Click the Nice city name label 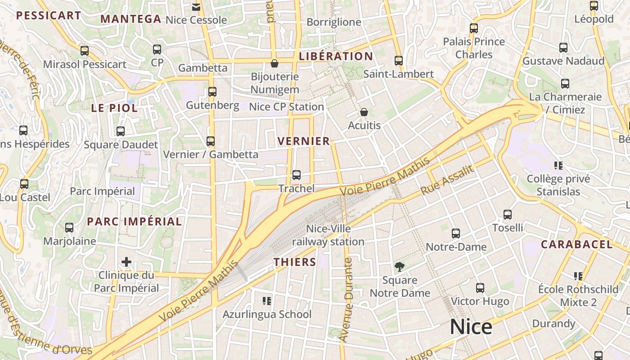point(471,327)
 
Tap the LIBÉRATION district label point(336,56)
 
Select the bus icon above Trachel point(296,175)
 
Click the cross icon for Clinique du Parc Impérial point(126,262)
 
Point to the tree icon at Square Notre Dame point(399,267)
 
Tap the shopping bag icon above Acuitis point(364,112)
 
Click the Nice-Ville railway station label point(328,235)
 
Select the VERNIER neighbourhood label point(304,141)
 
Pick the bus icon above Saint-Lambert point(398,61)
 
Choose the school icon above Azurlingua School point(267,301)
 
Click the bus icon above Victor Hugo point(480,288)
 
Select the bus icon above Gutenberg point(212,92)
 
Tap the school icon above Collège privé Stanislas point(558,166)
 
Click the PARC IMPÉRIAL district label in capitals point(134,221)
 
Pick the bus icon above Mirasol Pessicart point(85,51)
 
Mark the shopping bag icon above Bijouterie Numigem point(274,63)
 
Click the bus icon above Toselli point(508,215)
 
